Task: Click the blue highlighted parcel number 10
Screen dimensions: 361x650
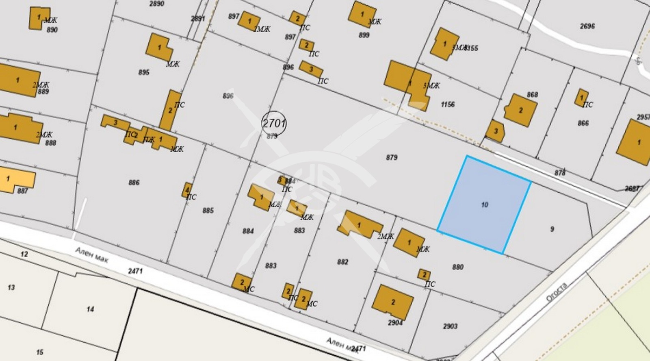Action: point(484,205)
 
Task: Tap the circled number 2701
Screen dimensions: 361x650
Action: point(274,122)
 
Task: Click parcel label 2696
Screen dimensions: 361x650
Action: point(587,26)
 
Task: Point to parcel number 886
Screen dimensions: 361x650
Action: point(134,183)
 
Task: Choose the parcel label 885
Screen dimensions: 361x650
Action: point(208,211)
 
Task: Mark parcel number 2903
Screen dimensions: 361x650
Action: point(450,326)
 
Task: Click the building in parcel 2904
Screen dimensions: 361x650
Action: point(393,302)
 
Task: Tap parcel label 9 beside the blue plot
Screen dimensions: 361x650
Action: point(552,229)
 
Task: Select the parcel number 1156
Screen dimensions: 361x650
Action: point(448,104)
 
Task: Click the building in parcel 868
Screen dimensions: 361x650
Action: point(521,110)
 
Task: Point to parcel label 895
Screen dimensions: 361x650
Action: point(144,72)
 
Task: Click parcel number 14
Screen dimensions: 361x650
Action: point(90,309)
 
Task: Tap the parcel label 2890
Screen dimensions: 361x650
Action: point(157,4)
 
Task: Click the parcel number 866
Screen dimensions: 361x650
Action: point(583,123)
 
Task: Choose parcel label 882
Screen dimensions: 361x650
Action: point(342,262)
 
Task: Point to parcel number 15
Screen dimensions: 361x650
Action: point(39,352)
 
